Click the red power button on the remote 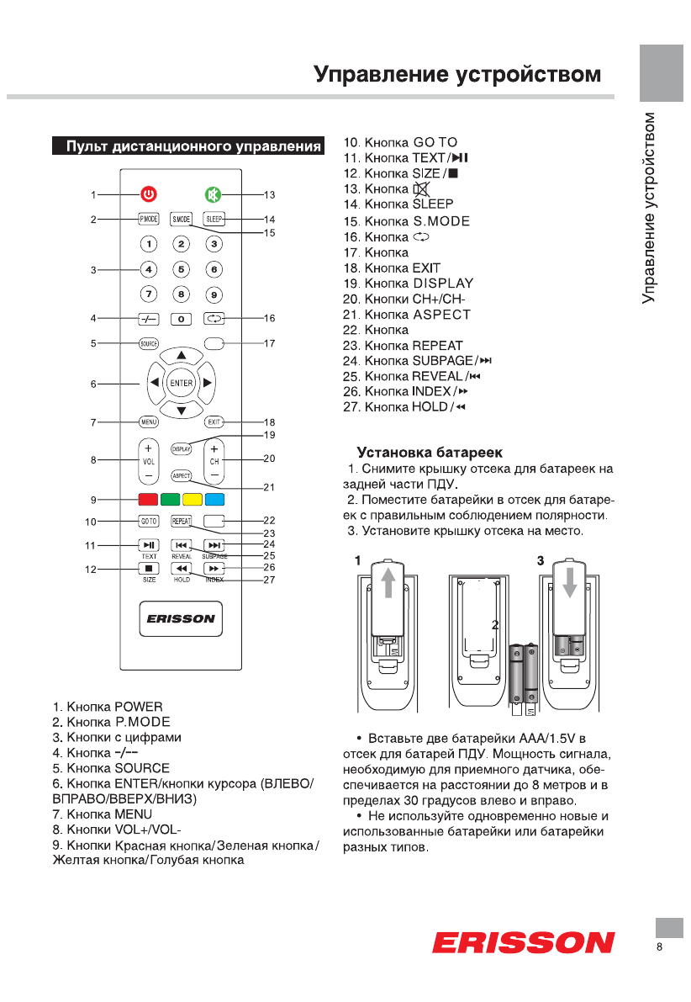[x=148, y=195]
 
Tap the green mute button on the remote [x=213, y=195]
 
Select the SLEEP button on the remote [x=214, y=220]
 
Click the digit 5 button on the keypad [x=182, y=270]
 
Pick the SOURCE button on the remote [x=149, y=343]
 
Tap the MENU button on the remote [x=149, y=421]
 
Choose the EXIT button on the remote [x=214, y=421]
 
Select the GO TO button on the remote [x=149, y=521]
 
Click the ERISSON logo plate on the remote [x=181, y=618]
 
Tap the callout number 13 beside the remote [x=269, y=195]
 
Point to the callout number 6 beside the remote [x=94, y=384]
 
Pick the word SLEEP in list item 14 [x=433, y=204]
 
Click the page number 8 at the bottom [x=660, y=947]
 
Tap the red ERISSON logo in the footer [x=523, y=941]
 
